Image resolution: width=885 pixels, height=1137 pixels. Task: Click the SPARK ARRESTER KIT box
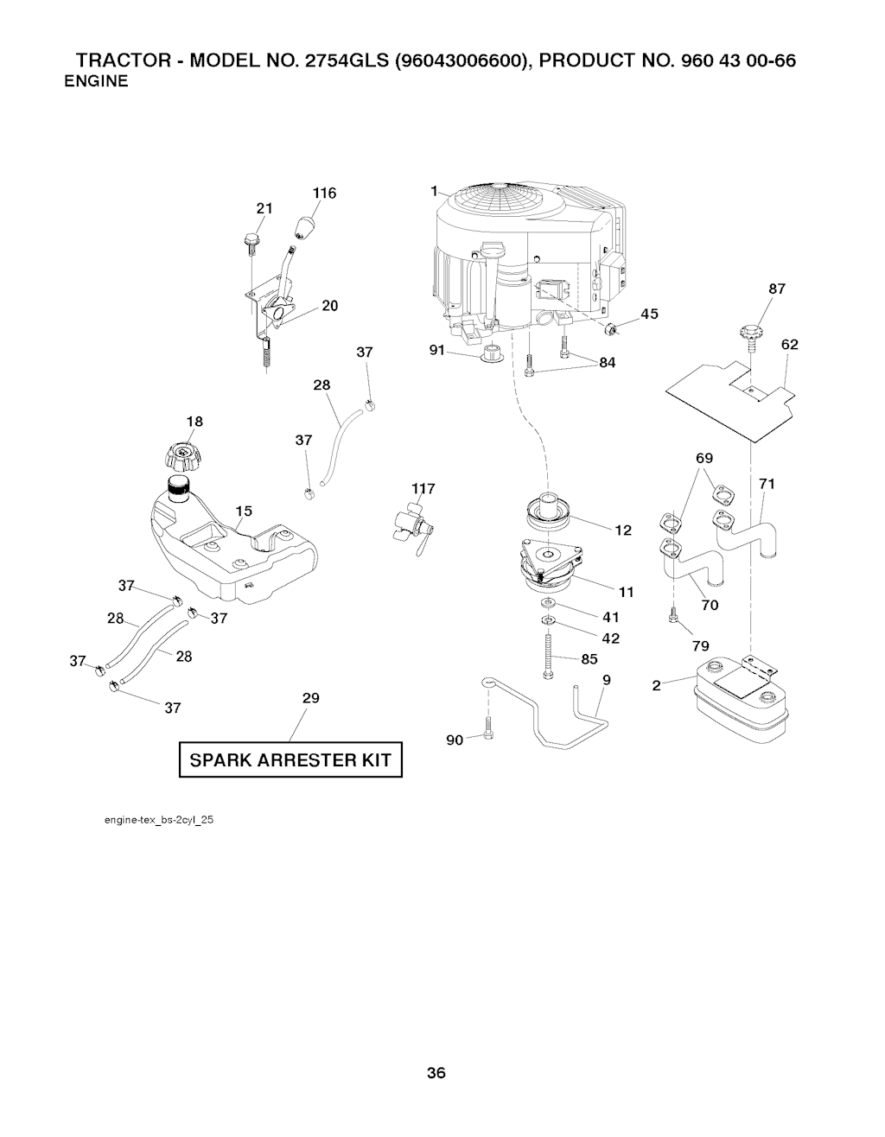click(290, 760)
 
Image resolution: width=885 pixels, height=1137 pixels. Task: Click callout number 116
click(324, 194)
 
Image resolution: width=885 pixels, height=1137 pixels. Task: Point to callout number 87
click(776, 289)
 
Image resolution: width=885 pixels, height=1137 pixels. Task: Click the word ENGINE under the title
click(97, 82)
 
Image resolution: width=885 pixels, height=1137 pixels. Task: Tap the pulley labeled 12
click(551, 511)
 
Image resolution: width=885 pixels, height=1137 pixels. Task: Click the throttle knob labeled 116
click(303, 230)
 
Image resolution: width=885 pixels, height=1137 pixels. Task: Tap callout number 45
click(649, 314)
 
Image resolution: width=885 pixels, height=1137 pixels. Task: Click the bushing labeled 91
click(493, 353)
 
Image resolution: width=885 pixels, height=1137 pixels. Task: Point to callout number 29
click(311, 698)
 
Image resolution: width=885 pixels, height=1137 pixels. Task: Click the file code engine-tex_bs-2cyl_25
click(159, 819)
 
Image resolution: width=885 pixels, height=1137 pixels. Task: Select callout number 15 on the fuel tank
click(245, 511)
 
